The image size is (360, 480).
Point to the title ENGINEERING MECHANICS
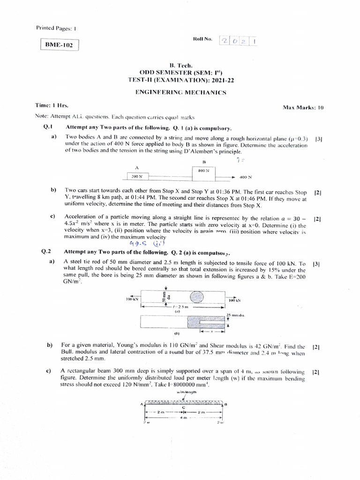pos(180,92)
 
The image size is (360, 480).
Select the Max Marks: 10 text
pos(303,107)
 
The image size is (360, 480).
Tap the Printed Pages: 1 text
pos(56,28)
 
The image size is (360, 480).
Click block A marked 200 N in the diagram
pos(137,177)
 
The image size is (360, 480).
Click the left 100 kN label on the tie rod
pos(133,298)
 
